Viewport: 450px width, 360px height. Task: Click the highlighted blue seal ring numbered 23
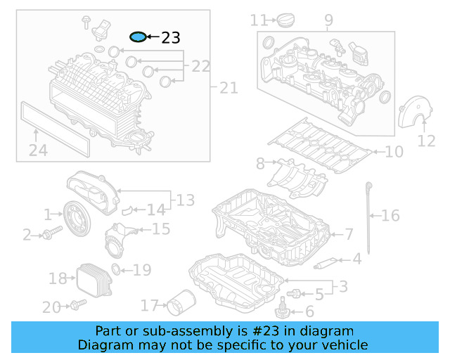click(139, 37)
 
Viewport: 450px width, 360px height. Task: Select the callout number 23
click(170, 38)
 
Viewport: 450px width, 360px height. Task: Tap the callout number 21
click(229, 88)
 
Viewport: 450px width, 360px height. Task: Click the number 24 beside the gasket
click(38, 150)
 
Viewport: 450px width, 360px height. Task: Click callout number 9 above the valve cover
click(328, 21)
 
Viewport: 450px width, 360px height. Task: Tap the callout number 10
click(394, 151)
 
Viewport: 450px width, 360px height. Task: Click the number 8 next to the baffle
click(260, 164)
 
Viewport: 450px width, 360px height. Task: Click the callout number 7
click(349, 233)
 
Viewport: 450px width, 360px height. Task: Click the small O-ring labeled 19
click(117, 269)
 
